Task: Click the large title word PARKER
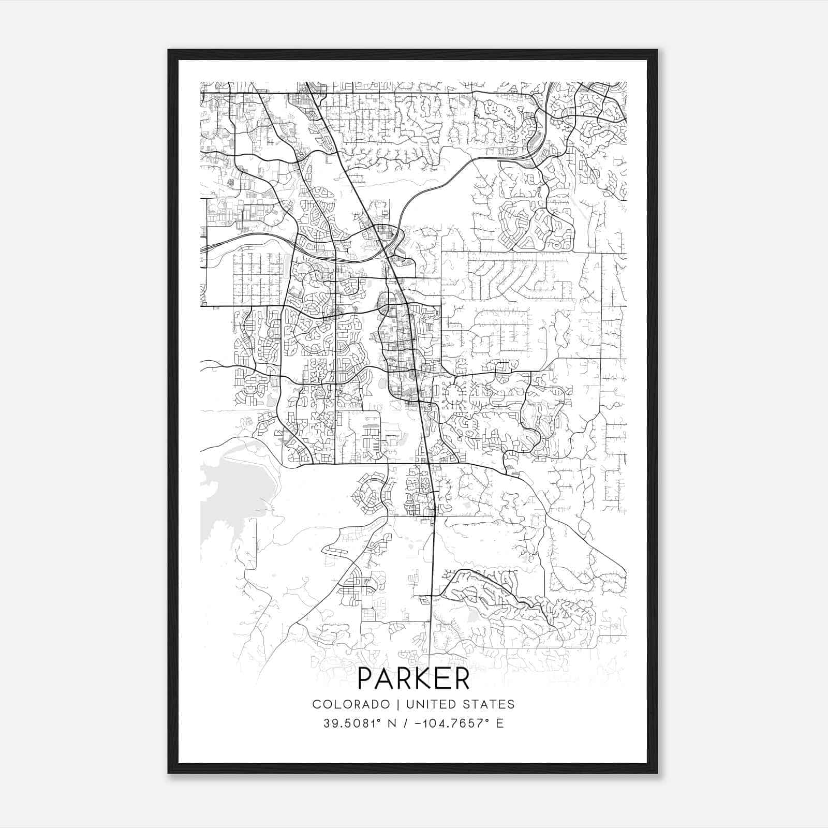413,679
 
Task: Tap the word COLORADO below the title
351,704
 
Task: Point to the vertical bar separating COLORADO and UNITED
398,704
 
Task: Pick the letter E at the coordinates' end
499,723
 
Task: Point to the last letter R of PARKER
462,679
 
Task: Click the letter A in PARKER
383,679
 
